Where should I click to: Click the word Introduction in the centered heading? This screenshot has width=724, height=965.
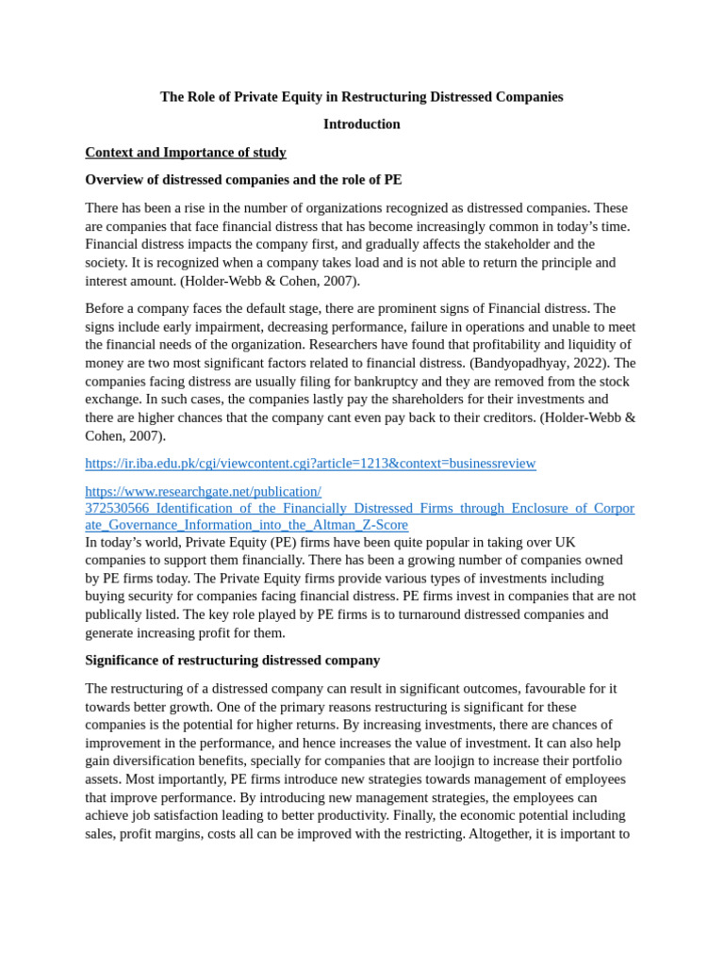[x=361, y=124]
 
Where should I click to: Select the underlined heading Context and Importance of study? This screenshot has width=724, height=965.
[x=186, y=153]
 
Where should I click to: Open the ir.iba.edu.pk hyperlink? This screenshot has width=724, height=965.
[x=310, y=464]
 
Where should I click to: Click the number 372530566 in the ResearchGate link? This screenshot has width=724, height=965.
[x=118, y=508]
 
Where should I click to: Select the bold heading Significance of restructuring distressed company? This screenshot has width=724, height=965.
[x=232, y=661]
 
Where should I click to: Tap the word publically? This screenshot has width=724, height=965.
[x=115, y=615]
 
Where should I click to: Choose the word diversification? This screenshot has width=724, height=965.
[x=162, y=761]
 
